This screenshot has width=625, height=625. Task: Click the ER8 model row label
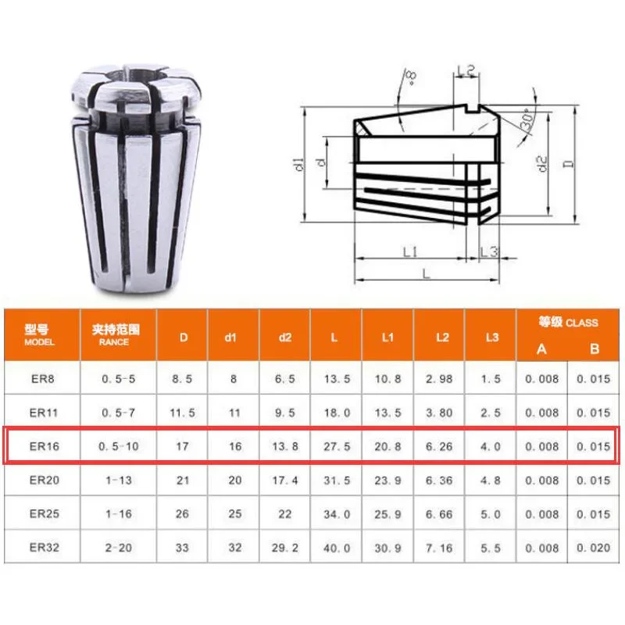[x=41, y=379]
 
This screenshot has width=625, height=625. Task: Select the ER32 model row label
[x=41, y=548]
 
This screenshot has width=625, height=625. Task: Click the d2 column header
[x=284, y=337]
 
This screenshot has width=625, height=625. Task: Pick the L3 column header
[x=490, y=337]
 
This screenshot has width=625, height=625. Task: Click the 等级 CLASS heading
[x=568, y=321]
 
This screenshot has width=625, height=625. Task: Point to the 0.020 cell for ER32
[x=594, y=548]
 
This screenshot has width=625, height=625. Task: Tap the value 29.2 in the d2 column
[x=284, y=548]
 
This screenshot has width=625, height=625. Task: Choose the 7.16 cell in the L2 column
[x=440, y=548]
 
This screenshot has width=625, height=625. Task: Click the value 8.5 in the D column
[x=183, y=379]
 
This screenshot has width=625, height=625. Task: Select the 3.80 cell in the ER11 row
[x=440, y=412]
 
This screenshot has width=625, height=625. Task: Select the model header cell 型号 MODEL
[x=41, y=335]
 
